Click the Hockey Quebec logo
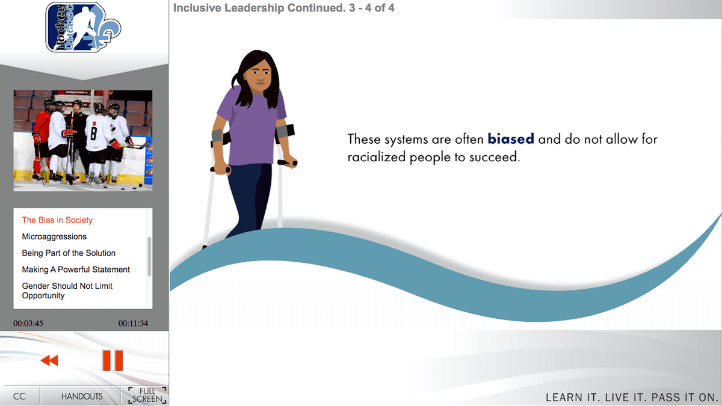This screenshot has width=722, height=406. (x=83, y=28)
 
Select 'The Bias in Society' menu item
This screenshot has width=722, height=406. (x=57, y=220)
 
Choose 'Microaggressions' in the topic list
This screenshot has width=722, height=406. (x=54, y=236)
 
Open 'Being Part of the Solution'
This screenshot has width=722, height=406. (x=69, y=253)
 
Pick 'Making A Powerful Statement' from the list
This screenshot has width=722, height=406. (x=76, y=269)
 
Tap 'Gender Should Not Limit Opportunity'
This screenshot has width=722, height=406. (x=67, y=291)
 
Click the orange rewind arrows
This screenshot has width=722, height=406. (x=49, y=360)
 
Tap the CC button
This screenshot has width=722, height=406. (x=19, y=396)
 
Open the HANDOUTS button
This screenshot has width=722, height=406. (x=82, y=396)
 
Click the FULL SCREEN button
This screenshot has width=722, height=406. (x=147, y=395)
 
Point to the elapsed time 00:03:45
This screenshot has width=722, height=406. (x=28, y=323)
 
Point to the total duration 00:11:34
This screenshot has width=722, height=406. (x=133, y=323)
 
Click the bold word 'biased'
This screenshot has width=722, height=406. (x=511, y=139)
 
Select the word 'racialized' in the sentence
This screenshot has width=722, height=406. (x=377, y=157)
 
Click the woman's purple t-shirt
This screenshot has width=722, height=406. (x=252, y=126)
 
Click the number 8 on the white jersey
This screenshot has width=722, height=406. (x=93, y=133)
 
